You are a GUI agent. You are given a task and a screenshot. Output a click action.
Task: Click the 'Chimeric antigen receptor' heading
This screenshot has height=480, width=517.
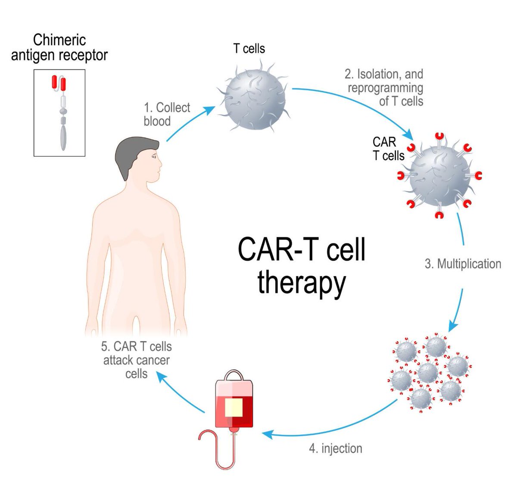point(59,48)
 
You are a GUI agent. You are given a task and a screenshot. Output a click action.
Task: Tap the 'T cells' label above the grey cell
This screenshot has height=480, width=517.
point(249,49)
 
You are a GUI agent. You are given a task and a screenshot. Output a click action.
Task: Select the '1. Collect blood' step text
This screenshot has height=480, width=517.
point(167,114)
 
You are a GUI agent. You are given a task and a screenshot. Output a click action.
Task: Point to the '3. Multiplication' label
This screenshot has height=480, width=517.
point(463,264)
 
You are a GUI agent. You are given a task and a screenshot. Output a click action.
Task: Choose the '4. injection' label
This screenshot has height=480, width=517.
point(336,449)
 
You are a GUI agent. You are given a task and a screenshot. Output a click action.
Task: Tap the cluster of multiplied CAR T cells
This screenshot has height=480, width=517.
point(429,371)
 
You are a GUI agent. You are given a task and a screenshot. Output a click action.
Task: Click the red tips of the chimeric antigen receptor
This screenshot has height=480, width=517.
point(59,82)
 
